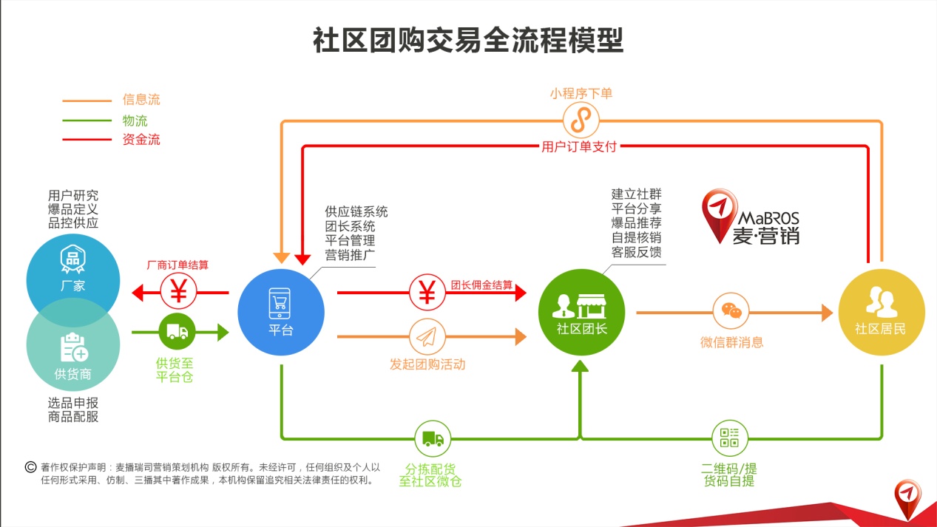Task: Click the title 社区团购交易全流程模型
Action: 467,41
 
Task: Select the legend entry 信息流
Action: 141,100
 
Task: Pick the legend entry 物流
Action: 135,120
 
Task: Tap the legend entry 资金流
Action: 141,139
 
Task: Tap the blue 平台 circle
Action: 280,313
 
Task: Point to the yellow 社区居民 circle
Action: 881,313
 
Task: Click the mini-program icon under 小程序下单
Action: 581,120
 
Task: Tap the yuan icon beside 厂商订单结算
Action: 179,292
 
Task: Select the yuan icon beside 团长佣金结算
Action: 427,292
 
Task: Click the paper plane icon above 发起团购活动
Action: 427,337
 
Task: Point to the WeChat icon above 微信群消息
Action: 731,311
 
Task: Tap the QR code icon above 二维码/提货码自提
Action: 729,438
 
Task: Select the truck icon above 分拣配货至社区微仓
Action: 433,439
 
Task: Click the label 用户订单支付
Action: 579,146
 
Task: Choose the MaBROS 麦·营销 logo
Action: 751,217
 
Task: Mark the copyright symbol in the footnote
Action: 31,466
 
